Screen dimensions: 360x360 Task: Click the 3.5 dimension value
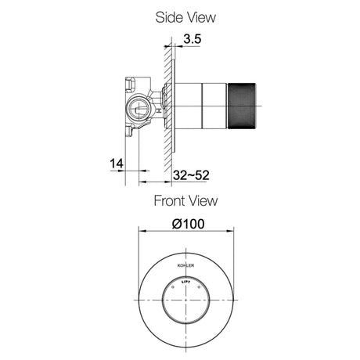tap(193, 39)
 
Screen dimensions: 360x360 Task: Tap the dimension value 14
tap(116, 164)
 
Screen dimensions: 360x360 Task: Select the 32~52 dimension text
tap(191, 175)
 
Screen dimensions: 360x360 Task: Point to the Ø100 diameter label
tap(188, 224)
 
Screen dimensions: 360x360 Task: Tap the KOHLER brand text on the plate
tap(185, 265)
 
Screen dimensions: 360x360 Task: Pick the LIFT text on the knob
tap(185, 282)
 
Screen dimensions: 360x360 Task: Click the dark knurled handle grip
tap(242, 106)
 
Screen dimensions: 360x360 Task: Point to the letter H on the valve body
tap(158, 110)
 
